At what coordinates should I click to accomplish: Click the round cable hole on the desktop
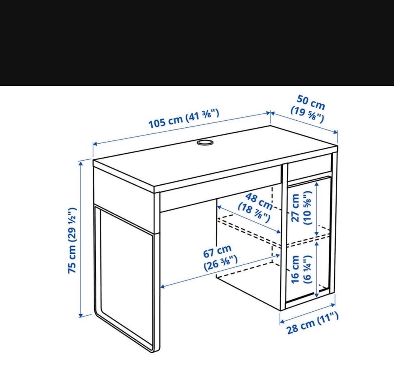pos(205,142)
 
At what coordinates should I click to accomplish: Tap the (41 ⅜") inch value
pos(202,115)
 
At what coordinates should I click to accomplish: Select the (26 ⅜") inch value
pos(221,263)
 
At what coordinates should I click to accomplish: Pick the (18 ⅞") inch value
pos(254,213)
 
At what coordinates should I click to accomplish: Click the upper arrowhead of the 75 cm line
pos(81,163)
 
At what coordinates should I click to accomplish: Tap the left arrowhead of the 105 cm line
pos(95,144)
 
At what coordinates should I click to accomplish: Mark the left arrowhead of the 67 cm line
pos(163,286)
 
